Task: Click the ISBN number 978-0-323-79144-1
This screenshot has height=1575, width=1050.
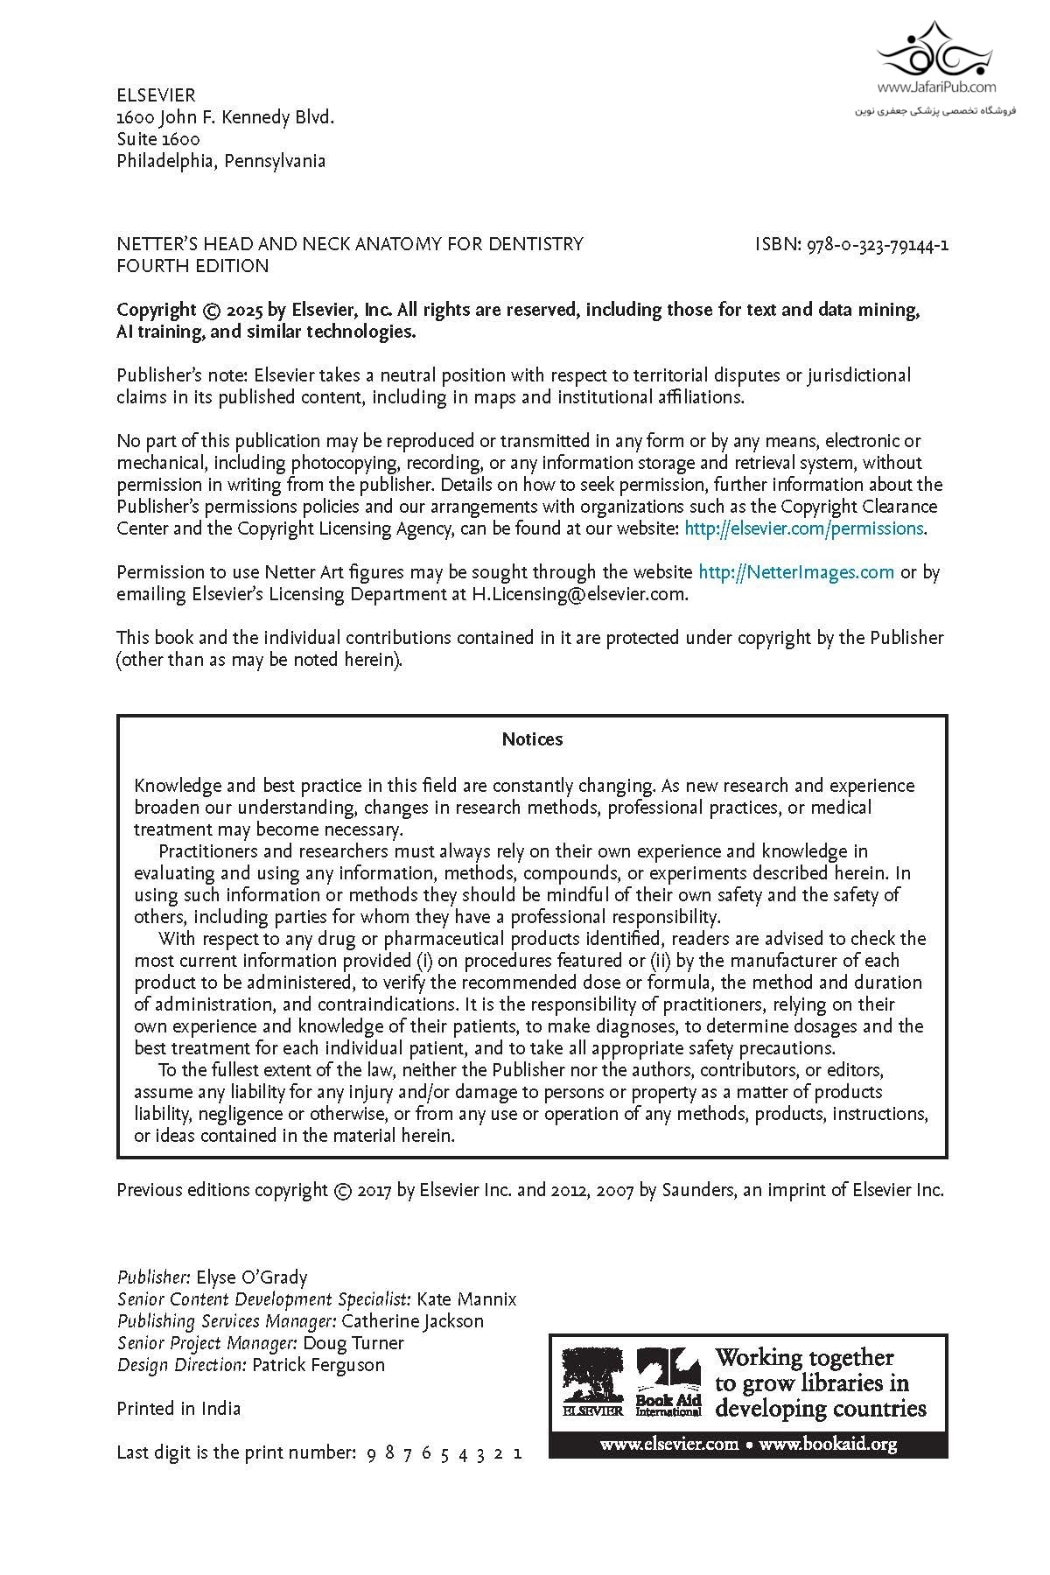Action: [x=874, y=244]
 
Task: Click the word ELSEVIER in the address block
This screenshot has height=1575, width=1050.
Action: [x=156, y=95]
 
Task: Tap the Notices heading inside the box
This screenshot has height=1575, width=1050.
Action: [x=532, y=739]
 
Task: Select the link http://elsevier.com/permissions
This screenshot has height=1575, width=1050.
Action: [x=804, y=528]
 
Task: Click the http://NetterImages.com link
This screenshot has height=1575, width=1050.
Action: [x=796, y=572]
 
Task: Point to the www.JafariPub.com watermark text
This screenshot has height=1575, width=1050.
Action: [x=936, y=87]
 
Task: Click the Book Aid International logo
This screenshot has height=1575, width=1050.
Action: [x=668, y=1381]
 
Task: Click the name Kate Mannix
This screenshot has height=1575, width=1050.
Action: [x=466, y=1299]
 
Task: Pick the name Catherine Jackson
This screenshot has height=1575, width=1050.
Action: [x=412, y=1321]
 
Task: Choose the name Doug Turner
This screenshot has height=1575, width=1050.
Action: [x=353, y=1343]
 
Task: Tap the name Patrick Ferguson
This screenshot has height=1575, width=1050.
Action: [x=318, y=1365]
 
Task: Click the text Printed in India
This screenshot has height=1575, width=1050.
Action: [x=178, y=1409]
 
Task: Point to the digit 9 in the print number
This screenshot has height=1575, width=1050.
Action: [x=371, y=1453]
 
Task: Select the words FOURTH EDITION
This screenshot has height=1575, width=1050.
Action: [x=192, y=266]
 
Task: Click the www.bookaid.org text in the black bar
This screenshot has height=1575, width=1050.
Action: [x=828, y=1444]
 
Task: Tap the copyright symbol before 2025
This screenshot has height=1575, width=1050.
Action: [x=211, y=311]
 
